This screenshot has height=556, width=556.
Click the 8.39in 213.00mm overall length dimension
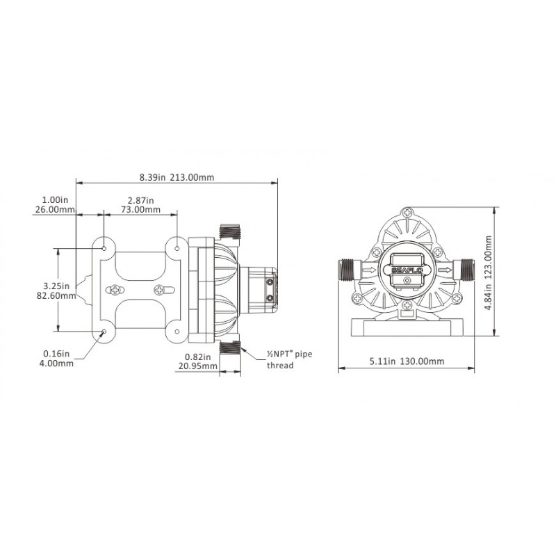(177, 177)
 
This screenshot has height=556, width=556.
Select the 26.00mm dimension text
(55, 209)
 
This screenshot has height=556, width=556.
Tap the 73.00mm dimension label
(141, 209)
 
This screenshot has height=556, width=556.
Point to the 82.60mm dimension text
(56, 295)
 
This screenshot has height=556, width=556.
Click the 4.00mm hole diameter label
(56, 363)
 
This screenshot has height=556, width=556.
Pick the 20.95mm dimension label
(198, 366)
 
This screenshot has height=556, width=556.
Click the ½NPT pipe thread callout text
(289, 359)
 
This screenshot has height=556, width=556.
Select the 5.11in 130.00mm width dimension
(407, 361)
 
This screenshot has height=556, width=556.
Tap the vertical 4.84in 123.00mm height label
(489, 272)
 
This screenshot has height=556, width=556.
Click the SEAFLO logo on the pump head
(407, 270)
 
